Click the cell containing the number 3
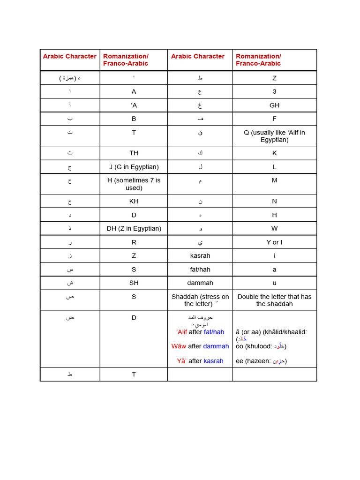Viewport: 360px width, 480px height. tap(274, 91)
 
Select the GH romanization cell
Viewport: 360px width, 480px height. tap(274, 105)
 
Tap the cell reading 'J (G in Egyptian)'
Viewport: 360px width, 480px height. tap(134, 167)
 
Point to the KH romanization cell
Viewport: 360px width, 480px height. tap(134, 201)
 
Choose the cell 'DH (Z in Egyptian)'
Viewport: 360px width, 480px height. tap(134, 228)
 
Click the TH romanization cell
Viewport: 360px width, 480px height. tap(134, 153)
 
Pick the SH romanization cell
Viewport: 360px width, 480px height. tap(134, 283)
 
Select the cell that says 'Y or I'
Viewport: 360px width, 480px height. tap(274, 242)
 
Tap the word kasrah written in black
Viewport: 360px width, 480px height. tap(200, 255)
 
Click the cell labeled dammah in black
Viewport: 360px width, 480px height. tap(200, 283)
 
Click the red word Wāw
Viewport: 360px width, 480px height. tap(179, 346)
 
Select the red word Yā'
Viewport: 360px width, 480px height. tap(182, 361)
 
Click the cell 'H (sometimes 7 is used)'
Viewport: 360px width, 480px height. tap(134, 184)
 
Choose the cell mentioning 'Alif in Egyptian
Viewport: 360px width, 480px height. tap(274, 136)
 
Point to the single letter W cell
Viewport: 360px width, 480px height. tap(274, 228)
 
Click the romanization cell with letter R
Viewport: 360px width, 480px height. tap(134, 242)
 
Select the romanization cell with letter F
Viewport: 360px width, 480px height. tap(274, 119)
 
